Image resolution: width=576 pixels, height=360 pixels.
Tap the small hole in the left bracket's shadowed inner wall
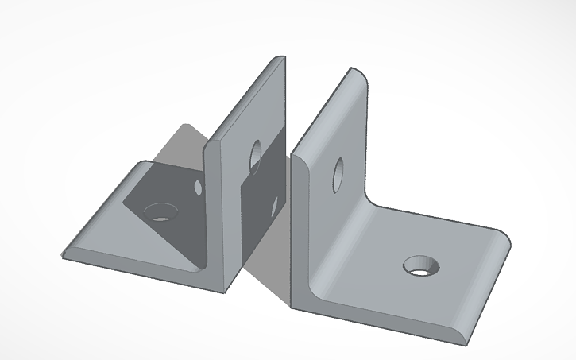coord(196,188)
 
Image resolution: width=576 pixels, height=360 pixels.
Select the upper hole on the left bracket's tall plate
coord(256,155)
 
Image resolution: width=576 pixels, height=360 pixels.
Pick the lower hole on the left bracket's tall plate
coord(274,207)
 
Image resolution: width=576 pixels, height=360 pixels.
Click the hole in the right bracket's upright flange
coord(338,174)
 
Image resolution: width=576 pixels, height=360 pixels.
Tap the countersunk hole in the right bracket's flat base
coord(420,266)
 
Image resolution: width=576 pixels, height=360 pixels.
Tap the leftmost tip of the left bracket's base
coord(64,254)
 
